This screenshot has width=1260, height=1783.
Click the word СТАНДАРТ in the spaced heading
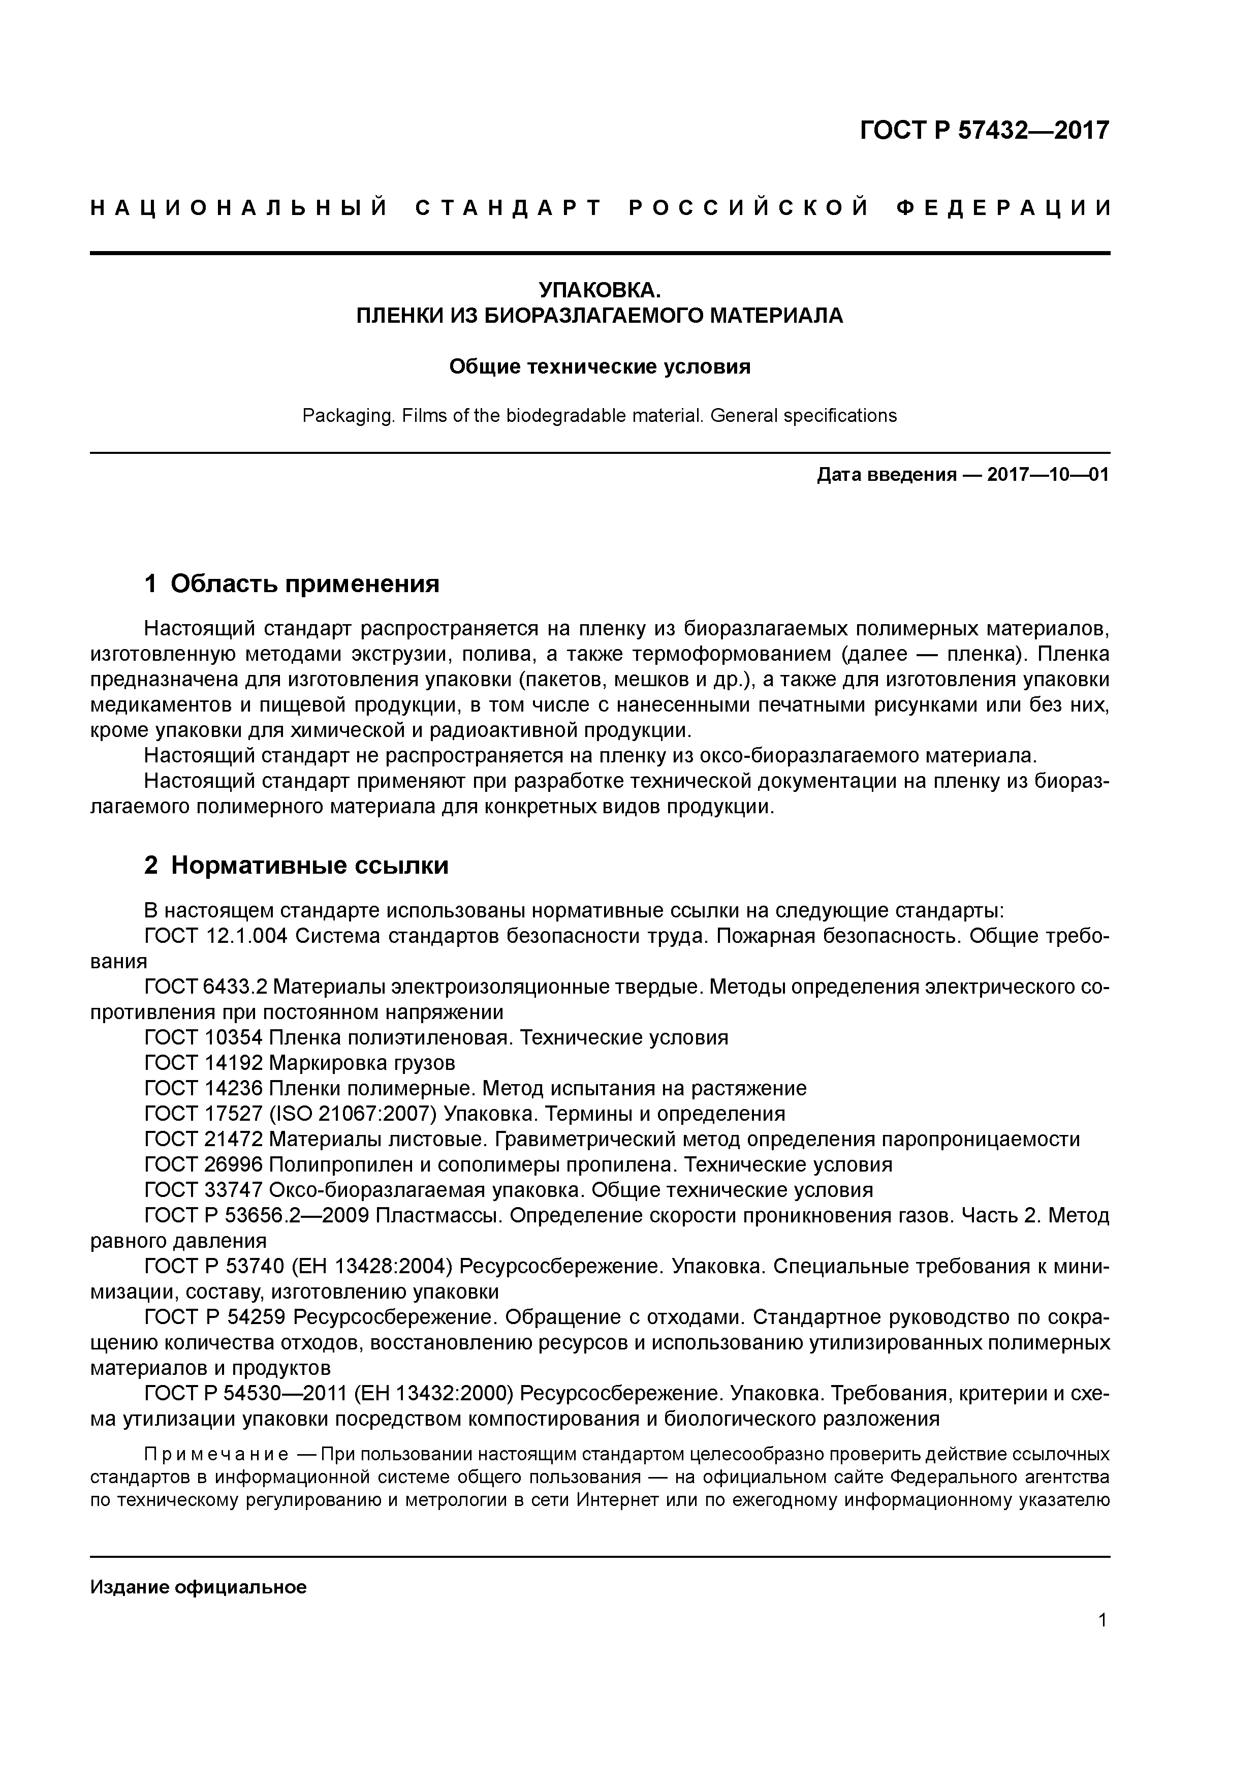509,208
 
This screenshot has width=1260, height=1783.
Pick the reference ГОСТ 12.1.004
216,937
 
